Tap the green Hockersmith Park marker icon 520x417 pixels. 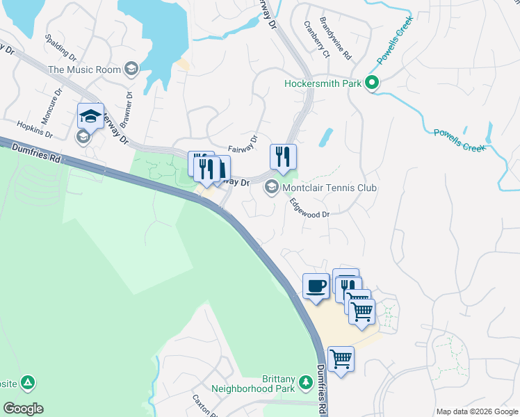click(x=372, y=84)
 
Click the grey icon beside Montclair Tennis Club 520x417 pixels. click(x=271, y=188)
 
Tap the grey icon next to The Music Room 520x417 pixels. click(x=131, y=69)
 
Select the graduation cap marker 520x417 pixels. click(x=90, y=116)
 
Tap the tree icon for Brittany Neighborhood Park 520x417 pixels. click(x=304, y=382)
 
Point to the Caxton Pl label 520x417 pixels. click(x=204, y=406)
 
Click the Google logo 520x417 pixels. click(x=22, y=409)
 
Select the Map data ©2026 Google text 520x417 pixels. click(x=476, y=411)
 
